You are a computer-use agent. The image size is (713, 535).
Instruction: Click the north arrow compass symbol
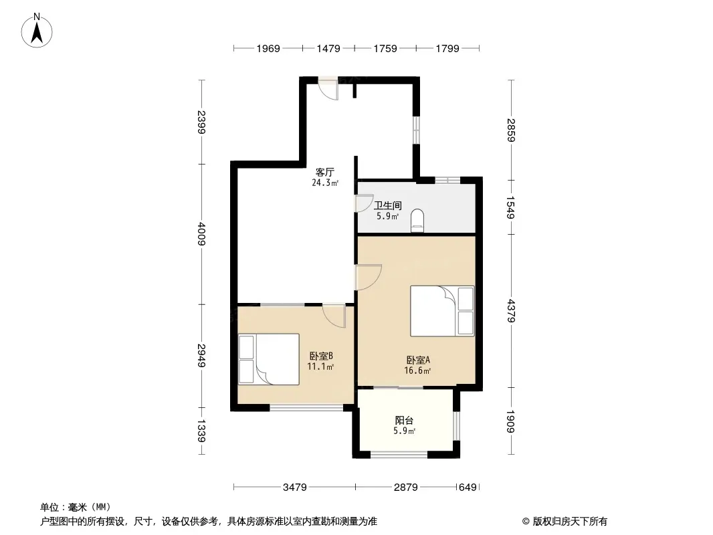pyautogui.click(x=37, y=31)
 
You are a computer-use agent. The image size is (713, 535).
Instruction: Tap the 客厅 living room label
pyautogui.click(x=324, y=173)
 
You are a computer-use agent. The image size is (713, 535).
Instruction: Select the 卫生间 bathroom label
pyautogui.click(x=387, y=206)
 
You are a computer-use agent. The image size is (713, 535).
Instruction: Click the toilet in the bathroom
pyautogui.click(x=417, y=221)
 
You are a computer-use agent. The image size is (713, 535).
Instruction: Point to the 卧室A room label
pyautogui.click(x=418, y=360)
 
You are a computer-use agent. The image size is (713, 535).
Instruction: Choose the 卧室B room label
pyautogui.click(x=321, y=356)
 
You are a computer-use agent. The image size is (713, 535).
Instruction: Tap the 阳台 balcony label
pyautogui.click(x=404, y=421)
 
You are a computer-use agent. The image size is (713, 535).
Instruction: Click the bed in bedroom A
pyautogui.click(x=442, y=311)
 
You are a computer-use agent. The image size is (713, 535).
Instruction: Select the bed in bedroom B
pyautogui.click(x=269, y=359)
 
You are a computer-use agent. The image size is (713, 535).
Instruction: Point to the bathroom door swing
pyautogui.click(x=364, y=203)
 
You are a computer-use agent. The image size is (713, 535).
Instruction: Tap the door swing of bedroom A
pyautogui.click(x=368, y=278)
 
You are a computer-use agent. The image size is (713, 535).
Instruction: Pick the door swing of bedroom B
pyautogui.click(x=334, y=316)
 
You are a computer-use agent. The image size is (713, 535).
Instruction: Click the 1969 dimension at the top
pyautogui.click(x=268, y=48)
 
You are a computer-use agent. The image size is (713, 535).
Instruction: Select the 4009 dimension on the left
pyautogui.click(x=201, y=233)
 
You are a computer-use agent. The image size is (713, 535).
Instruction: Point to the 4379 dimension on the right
pyautogui.click(x=510, y=311)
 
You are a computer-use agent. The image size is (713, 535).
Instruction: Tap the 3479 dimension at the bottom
pyautogui.click(x=295, y=488)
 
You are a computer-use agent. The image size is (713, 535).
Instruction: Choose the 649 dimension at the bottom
pyautogui.click(x=468, y=488)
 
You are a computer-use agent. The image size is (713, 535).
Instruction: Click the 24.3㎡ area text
pyautogui.click(x=324, y=183)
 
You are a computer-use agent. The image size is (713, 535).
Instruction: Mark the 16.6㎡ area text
pyautogui.click(x=417, y=370)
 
